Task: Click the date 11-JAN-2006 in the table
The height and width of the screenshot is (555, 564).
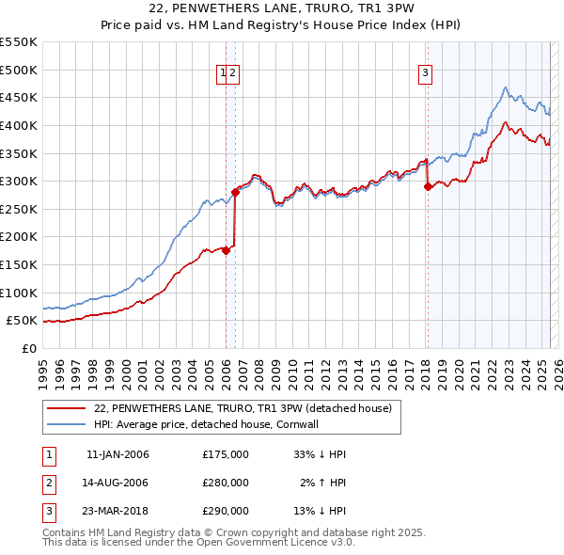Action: [x=117, y=454]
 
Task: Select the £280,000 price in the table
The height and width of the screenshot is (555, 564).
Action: [x=226, y=483]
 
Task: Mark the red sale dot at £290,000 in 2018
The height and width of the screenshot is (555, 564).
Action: [x=428, y=186]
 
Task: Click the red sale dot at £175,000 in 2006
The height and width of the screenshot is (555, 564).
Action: [x=227, y=250]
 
